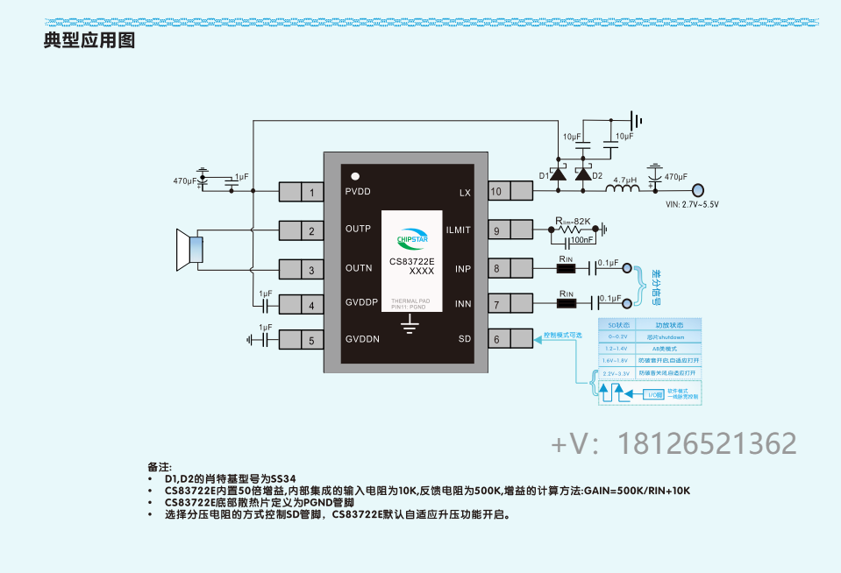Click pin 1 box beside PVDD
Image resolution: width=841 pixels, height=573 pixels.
[302, 192]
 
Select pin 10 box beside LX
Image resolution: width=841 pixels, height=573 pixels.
[509, 191]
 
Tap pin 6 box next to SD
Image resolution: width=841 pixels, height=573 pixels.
[509, 340]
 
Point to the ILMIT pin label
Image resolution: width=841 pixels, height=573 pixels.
[458, 230]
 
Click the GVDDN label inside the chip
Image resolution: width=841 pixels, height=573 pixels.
[362, 340]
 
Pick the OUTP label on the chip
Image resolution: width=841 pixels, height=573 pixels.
[358, 230]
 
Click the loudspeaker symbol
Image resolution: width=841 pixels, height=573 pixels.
[190, 250]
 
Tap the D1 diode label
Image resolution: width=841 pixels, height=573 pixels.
[544, 176]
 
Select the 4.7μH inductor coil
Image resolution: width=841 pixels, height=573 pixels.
[624, 188]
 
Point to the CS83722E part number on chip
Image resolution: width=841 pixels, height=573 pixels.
[411, 261]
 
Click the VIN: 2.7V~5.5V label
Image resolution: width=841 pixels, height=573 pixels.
[692, 205]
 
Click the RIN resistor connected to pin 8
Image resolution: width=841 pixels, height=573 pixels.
[567, 268]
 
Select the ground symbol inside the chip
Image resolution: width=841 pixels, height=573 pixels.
[409, 326]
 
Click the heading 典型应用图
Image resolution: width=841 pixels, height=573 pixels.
[89, 40]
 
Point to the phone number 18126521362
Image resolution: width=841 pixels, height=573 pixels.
[708, 443]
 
